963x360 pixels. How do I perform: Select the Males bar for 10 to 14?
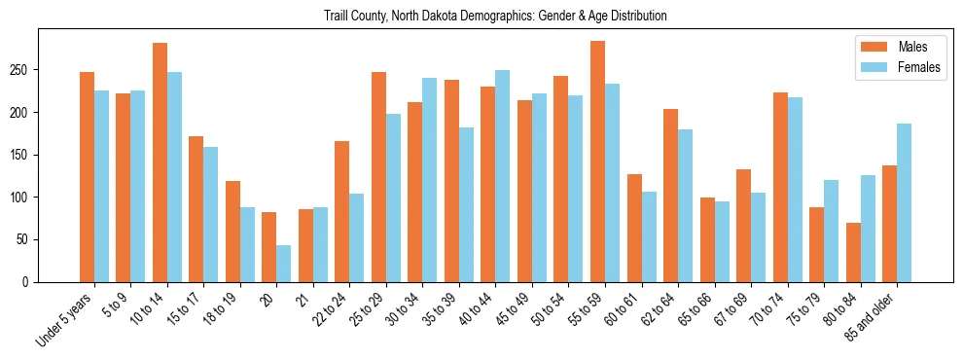click(160, 162)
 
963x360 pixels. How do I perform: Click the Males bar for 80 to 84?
click(853, 252)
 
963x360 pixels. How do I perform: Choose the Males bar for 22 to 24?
click(342, 211)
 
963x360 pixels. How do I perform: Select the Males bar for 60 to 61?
click(634, 228)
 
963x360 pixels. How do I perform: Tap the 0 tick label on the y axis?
click(28, 282)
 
